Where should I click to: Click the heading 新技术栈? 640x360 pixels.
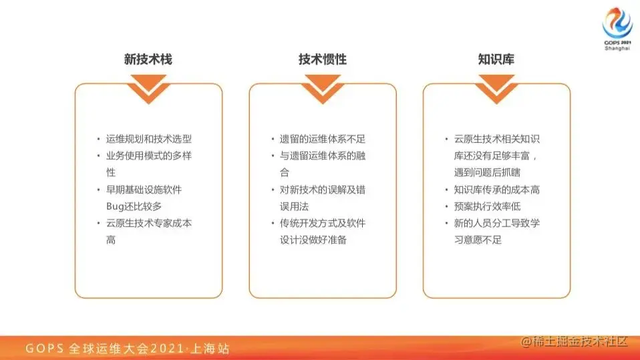tap(148, 59)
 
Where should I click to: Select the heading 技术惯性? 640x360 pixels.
tap(322, 59)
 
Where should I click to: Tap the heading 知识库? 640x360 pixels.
tap(496, 59)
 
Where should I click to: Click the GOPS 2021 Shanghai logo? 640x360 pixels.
tap(617, 28)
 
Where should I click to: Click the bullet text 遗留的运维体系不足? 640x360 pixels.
tap(323, 139)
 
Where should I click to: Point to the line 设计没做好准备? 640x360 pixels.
tap(313, 240)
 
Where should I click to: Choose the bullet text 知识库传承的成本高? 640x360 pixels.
tap(497, 190)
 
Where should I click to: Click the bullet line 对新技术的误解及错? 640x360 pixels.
tap(323, 190)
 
